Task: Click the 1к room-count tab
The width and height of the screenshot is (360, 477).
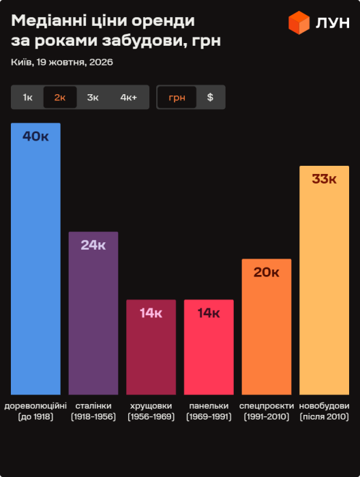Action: pos(28,98)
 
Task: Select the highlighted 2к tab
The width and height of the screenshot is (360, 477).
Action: pos(60,98)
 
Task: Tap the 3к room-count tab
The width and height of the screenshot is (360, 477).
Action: pos(93,98)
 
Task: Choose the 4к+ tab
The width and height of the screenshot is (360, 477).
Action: pos(129,98)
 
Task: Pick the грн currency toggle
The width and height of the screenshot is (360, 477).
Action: pos(177,98)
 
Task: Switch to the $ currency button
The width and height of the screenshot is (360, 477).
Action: pos(210,98)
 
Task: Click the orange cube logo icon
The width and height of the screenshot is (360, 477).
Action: pos(299,23)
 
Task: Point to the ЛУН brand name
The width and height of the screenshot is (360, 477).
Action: pos(333,23)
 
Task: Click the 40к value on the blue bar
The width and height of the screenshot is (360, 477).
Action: pos(35,136)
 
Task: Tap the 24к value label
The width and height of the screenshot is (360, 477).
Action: pos(93,245)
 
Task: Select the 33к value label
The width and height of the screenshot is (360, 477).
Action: pos(324,179)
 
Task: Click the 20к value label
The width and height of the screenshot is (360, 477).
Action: pos(267,272)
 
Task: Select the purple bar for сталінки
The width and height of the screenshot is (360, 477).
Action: pos(93,313)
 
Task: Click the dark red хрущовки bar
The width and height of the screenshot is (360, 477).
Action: pos(151,347)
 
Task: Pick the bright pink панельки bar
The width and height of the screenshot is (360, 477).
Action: pos(209,347)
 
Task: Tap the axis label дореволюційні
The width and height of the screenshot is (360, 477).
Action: pos(35,406)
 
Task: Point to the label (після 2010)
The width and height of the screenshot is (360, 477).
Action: pos(324,416)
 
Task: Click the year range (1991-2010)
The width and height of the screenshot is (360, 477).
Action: pos(267,416)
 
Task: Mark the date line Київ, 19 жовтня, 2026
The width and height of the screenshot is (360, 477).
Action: pos(62,62)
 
